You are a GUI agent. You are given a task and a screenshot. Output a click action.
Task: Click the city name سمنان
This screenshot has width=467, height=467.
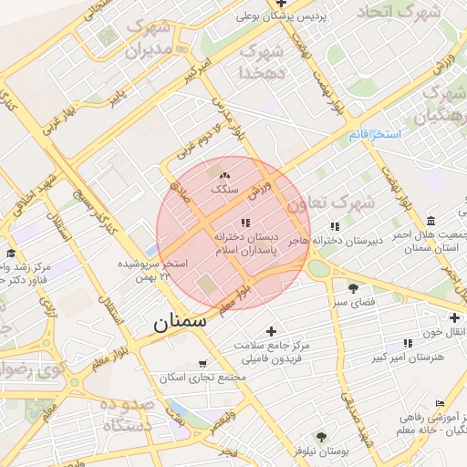coord(180,321)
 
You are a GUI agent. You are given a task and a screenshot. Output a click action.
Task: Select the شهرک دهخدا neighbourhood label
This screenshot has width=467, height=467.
coord(263,60)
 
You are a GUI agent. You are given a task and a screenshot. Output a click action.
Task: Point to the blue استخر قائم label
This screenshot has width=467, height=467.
coord(374,135)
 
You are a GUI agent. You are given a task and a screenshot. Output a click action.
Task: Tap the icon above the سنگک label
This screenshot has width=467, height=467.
coord(224,175)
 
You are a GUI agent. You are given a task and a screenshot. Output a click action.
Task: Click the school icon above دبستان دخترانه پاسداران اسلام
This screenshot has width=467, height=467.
coord(244,223)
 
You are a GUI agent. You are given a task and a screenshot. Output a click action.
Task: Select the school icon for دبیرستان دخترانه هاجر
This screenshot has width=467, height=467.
coord(335,226)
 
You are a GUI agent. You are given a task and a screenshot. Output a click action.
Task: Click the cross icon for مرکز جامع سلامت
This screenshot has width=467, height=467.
coord(270,331)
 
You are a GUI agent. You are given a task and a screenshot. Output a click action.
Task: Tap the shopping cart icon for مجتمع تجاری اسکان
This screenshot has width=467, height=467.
coord(202,362)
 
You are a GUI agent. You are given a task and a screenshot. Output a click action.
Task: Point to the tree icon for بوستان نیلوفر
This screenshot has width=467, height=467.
coord(320,436)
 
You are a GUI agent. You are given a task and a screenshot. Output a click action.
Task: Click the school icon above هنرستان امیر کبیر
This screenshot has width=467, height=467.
coord(408,343)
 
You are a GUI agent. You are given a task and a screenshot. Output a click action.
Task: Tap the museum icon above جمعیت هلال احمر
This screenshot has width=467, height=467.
coord(431,221)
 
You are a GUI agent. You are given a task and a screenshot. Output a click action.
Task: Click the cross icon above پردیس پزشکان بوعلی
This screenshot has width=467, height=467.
coord(281,4)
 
